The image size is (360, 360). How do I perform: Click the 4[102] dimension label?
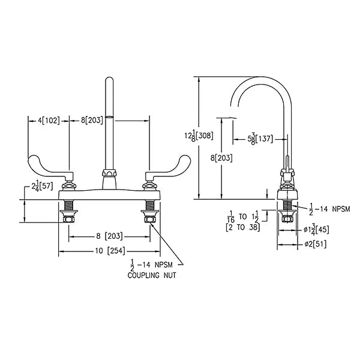point(49,121)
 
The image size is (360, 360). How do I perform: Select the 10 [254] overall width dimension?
point(110,251)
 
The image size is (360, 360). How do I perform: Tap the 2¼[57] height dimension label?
point(43,186)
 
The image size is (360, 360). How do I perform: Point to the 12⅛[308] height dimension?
point(199,136)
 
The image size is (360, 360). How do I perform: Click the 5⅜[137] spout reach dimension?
point(260,139)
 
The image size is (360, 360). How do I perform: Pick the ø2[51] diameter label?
point(316,244)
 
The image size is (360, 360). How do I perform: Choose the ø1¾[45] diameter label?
point(317,230)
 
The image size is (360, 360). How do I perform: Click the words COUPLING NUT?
point(152,275)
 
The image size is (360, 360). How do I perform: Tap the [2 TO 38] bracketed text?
point(243,227)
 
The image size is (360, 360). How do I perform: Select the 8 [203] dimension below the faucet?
point(109,236)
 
